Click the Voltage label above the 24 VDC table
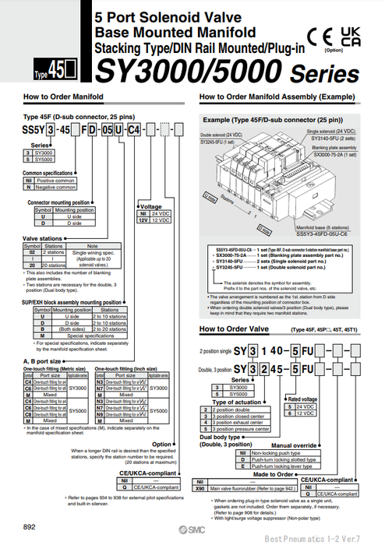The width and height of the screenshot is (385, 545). [150, 205]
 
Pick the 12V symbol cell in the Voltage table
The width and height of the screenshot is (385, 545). [143, 219]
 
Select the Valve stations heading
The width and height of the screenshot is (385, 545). [43, 238]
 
